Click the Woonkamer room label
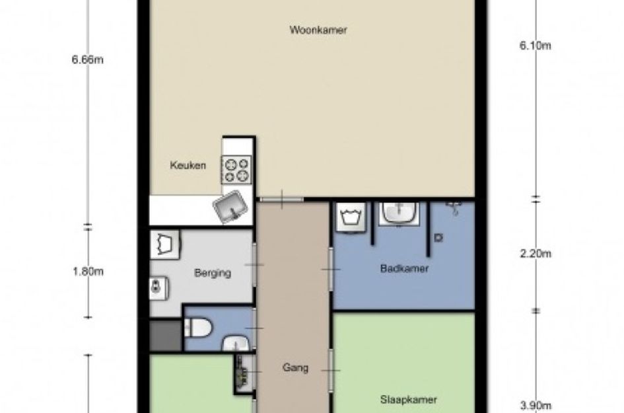(318, 30)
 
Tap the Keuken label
(188, 165)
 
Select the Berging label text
(213, 273)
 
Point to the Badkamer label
(404, 268)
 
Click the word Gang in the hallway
(295, 367)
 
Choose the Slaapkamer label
(408, 400)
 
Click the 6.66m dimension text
(88, 59)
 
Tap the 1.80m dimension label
(88, 272)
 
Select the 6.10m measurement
(536, 46)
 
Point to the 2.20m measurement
(536, 253)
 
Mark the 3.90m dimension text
(536, 406)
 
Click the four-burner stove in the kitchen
(237, 170)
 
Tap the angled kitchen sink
(230, 207)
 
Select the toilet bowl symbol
(198, 327)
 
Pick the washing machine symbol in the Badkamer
(351, 217)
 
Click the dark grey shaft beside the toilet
(166, 335)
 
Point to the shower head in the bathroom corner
(454, 207)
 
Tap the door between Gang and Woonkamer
(282, 199)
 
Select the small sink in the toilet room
(236, 344)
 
